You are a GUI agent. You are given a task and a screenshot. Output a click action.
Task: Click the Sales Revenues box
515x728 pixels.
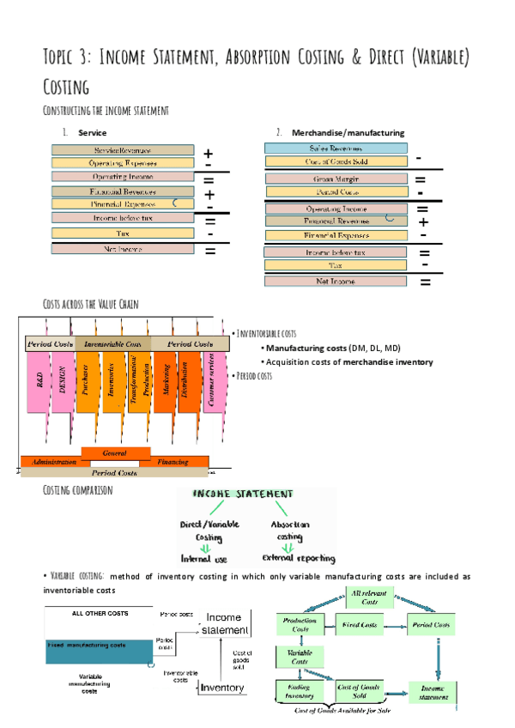[336, 149]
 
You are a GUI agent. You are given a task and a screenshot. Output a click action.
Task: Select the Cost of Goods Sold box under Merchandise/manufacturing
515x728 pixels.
[336, 161]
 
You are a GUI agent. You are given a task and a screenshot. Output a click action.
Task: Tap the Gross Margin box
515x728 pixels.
[336, 179]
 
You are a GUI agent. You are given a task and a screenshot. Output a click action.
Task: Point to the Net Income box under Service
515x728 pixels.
[123, 249]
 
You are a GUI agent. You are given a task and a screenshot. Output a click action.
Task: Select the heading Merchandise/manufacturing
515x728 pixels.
[348, 132]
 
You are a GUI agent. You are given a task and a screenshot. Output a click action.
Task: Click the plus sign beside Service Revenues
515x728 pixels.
[209, 153]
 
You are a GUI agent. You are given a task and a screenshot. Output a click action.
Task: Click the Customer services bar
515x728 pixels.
[213, 382]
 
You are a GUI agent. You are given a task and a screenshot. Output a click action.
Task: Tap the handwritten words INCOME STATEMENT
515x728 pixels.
[242, 494]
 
